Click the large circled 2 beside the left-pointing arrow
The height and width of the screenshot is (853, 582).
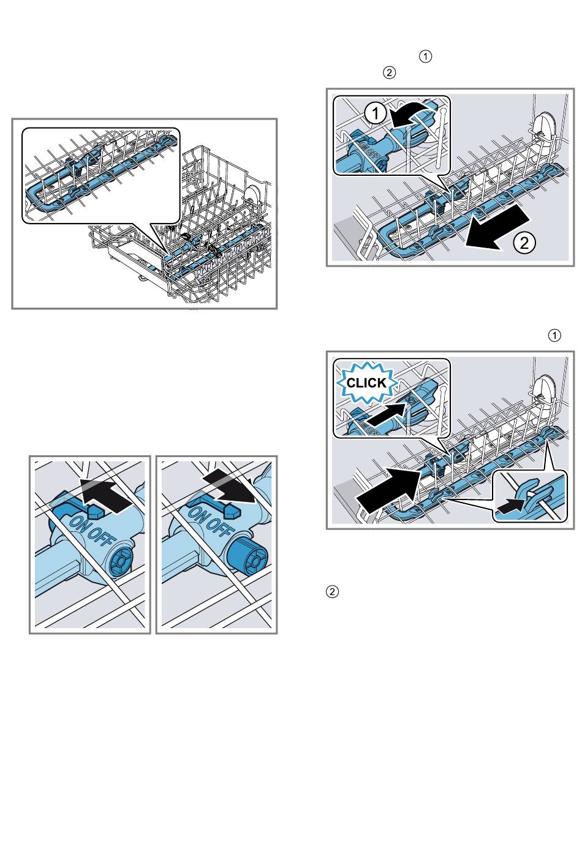coord(524,243)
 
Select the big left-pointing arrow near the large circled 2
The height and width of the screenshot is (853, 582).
coord(496,229)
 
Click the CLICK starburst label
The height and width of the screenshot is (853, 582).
coord(366,383)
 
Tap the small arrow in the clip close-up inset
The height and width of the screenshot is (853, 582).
coord(513,504)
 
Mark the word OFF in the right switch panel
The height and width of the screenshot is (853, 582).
coord(219,526)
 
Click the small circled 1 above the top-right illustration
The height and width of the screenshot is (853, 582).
coord(425,57)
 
